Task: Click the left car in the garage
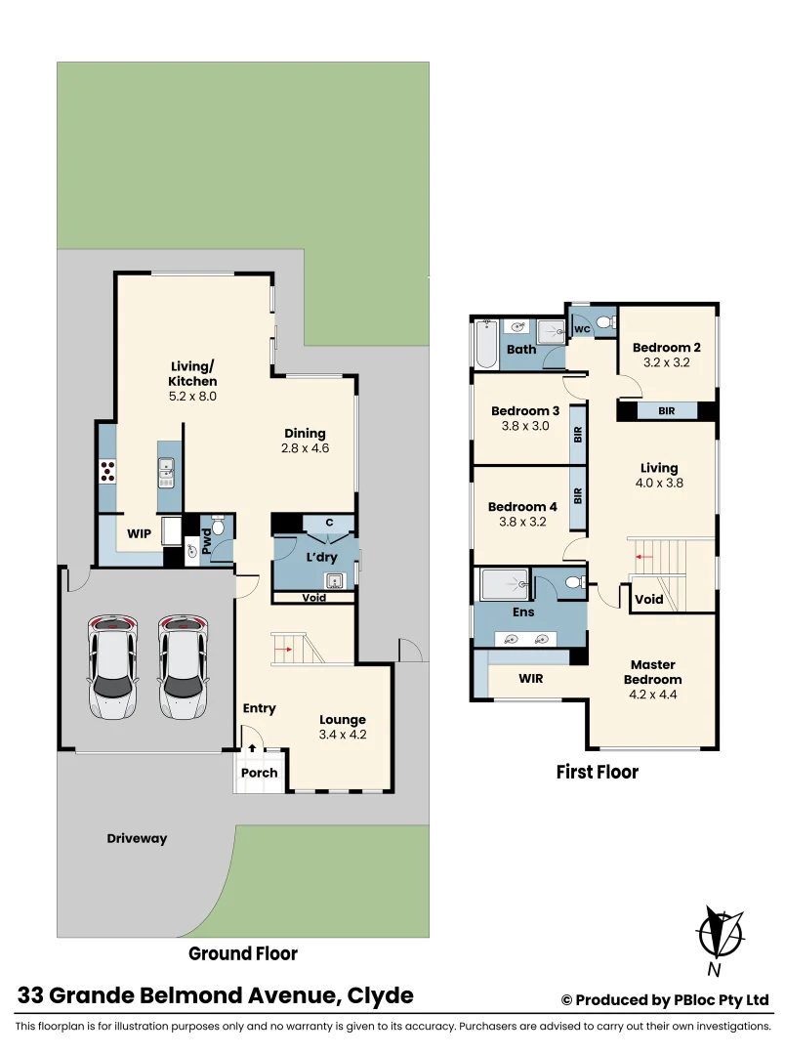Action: (112, 666)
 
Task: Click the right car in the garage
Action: (184, 666)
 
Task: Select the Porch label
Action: (259, 773)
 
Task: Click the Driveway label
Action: (137, 838)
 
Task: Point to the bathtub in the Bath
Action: (485, 343)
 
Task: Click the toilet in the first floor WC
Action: (602, 322)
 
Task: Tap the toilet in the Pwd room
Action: (218, 527)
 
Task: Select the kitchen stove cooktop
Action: (107, 472)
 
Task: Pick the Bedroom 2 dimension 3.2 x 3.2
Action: (666, 362)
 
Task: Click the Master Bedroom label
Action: (654, 673)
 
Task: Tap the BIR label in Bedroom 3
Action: (578, 434)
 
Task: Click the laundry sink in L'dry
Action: (334, 582)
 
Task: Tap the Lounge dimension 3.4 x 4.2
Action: (342, 735)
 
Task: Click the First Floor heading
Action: (597, 773)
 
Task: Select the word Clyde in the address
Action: (382, 996)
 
